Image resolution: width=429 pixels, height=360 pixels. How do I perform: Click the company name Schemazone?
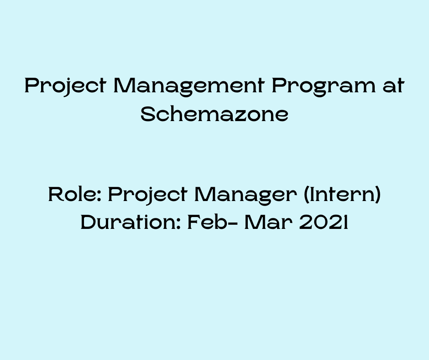(x=214, y=114)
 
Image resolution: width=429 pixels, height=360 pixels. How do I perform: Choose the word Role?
(x=73, y=195)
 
